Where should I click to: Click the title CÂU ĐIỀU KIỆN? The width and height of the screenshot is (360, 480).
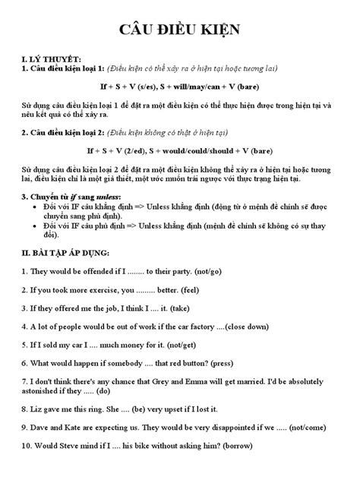click(x=179, y=30)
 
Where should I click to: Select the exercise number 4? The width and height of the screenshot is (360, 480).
click(x=25, y=327)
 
